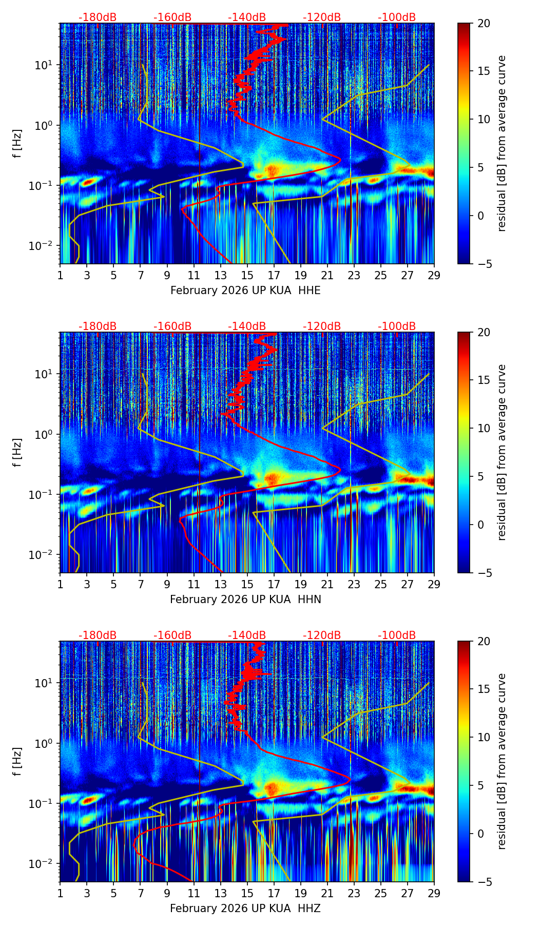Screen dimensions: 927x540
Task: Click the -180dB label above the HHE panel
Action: click(98, 17)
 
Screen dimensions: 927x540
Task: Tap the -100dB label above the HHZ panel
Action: click(397, 635)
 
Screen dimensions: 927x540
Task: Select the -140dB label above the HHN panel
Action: click(247, 326)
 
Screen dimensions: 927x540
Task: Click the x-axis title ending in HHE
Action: click(245, 291)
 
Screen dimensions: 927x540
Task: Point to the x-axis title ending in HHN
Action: click(245, 600)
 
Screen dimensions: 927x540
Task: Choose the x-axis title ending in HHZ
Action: click(245, 909)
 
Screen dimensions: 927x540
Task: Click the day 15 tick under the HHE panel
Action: click(247, 275)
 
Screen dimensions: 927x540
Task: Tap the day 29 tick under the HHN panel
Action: click(434, 584)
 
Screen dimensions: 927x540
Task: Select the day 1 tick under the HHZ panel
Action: click(60, 893)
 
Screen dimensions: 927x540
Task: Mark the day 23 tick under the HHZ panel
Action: click(354, 893)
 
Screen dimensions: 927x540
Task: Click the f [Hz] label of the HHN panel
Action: click(17, 452)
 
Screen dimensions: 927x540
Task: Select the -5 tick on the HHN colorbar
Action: click(483, 572)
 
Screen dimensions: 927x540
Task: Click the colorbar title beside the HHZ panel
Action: click(502, 761)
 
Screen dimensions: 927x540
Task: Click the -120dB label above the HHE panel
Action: click(322, 17)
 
